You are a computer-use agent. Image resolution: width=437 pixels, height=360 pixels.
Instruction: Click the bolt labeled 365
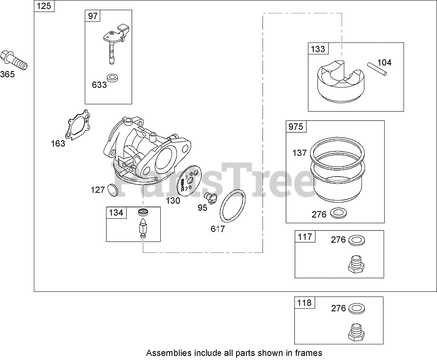(14, 60)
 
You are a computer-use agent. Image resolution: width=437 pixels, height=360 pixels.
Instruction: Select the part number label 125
(44, 6)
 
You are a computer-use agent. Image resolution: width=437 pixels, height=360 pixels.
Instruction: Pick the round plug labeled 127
(112, 190)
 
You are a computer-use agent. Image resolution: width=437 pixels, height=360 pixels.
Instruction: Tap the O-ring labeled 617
(232, 205)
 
